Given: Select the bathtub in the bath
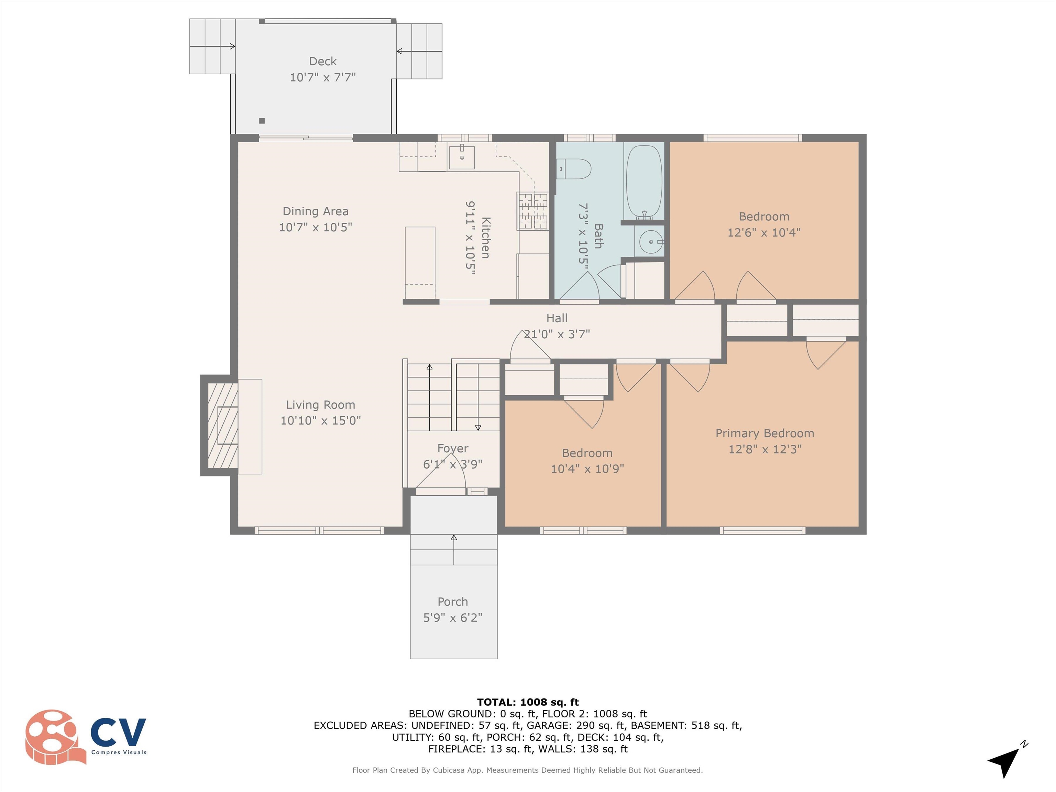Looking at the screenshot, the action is (644, 181).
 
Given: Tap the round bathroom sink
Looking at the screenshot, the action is (651, 242).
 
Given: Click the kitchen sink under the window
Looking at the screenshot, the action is (462, 157).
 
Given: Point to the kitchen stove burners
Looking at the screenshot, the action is (533, 211).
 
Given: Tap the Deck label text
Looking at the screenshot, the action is (323, 61).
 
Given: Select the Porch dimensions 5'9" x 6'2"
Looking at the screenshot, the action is (453, 617).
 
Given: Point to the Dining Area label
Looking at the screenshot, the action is (316, 211).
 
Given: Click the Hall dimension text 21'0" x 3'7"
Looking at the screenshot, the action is (557, 334).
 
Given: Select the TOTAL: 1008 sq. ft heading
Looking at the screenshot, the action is (528, 702).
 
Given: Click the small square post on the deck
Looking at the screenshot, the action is (262, 121).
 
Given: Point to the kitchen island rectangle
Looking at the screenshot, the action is (420, 263).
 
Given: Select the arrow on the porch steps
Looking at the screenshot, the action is (453, 550).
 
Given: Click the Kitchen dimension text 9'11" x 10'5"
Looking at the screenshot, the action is (471, 238).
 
